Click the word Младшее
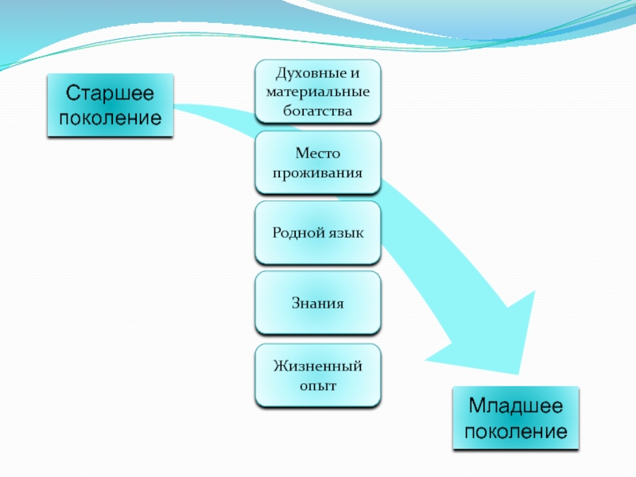point(515,406)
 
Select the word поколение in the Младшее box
point(515,432)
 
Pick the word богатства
point(318,111)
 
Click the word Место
point(318,153)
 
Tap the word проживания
point(318,172)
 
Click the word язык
point(347,233)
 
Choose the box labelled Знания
point(318,303)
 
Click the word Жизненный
point(318,366)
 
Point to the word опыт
point(318,385)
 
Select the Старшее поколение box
point(110,106)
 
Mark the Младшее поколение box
point(515,419)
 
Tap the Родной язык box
point(318,233)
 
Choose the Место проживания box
point(318,163)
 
